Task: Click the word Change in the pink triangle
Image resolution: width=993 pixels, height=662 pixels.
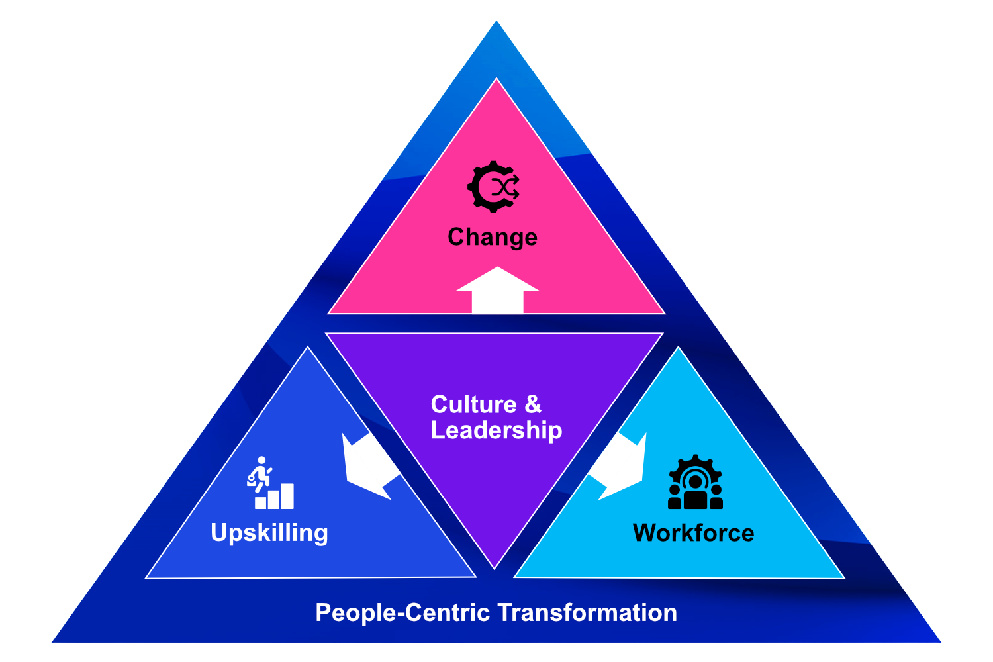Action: pos(492,237)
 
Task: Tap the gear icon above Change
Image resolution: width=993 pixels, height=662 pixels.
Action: pos(493,187)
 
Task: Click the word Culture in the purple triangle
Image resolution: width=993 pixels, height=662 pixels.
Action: pos(473,404)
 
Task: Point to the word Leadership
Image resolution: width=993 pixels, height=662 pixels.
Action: pos(496,430)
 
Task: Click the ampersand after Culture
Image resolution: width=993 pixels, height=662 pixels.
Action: pos(533,404)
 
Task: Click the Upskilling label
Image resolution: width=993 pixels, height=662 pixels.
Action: pos(269,533)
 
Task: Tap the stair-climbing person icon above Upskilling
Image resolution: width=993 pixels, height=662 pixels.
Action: pos(260,473)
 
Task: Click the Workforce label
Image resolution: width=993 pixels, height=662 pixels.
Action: pos(693,533)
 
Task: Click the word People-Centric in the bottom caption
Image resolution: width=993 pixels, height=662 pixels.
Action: pos(402,612)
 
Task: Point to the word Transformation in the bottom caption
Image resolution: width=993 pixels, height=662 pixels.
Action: pos(587,612)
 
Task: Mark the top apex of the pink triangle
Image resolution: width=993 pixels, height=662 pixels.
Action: pos(496,80)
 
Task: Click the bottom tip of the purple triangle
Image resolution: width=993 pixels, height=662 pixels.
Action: pos(495,567)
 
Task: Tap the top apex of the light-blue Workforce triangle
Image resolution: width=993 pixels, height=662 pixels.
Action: pos(679,349)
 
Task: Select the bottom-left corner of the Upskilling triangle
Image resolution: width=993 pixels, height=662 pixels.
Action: pos(148,577)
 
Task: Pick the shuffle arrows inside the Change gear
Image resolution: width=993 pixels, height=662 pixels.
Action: pos(506,187)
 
